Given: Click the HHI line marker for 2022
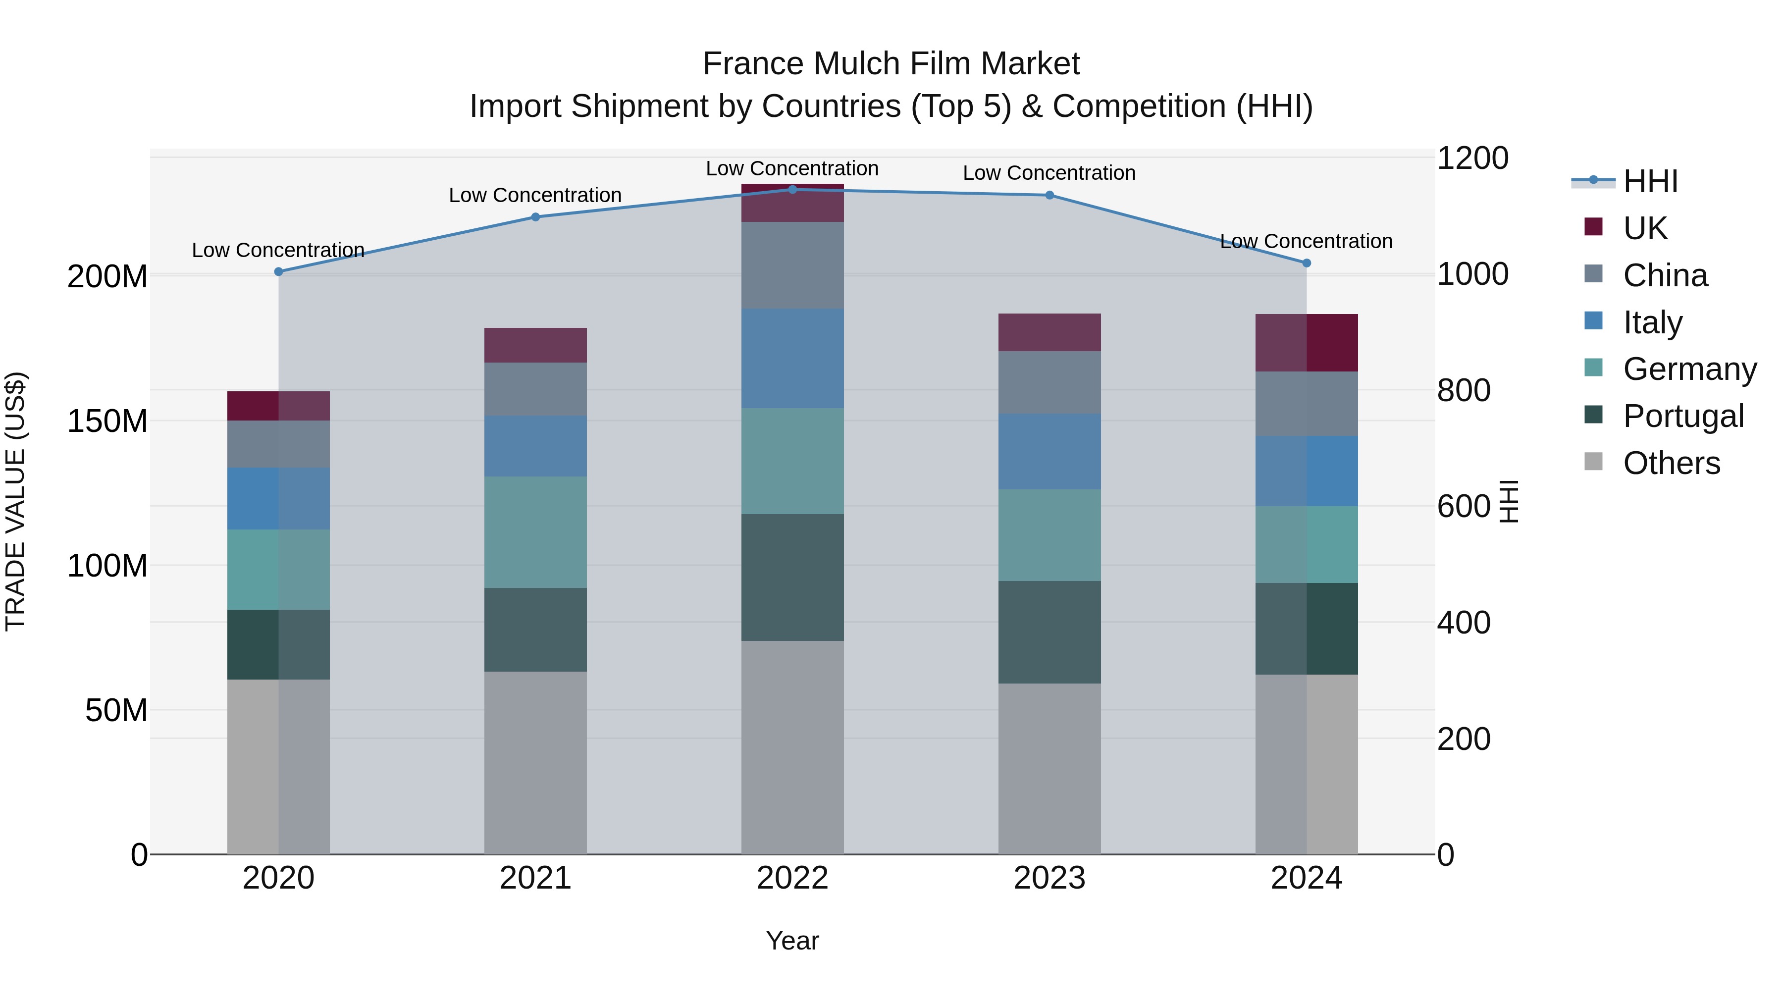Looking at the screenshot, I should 792,190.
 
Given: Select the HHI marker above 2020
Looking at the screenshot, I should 278,272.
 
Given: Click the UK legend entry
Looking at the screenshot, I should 1644,228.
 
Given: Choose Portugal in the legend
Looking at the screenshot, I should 1682,416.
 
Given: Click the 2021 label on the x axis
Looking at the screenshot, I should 535,878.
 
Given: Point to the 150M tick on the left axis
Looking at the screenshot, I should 107,421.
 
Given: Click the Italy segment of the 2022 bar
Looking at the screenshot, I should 792,358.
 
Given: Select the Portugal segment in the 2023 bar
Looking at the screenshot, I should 1049,632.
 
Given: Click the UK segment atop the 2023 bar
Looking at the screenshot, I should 1049,332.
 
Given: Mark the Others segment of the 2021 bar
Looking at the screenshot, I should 535,762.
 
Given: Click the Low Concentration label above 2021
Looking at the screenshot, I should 535,195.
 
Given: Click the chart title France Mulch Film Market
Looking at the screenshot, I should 891,64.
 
